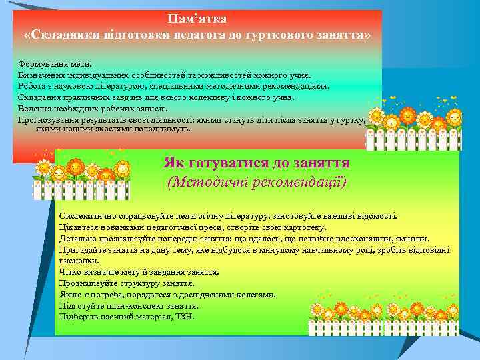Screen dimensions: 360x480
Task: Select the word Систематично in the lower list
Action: [85, 216]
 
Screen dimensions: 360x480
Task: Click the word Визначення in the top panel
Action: [40, 75]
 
